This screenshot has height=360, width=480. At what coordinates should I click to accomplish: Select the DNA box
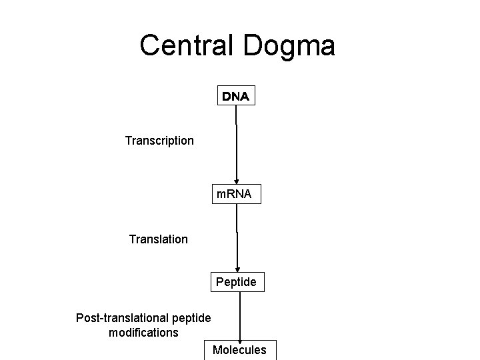click(235, 97)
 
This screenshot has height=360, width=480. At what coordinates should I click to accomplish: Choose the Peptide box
click(236, 282)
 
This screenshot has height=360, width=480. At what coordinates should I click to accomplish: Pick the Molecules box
click(239, 350)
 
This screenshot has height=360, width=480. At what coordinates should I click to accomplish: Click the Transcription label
click(159, 141)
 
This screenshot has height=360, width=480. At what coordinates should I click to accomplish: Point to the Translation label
click(159, 239)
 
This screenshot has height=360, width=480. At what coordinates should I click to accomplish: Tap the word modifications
click(143, 332)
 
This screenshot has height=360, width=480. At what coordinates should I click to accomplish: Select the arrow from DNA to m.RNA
click(236, 147)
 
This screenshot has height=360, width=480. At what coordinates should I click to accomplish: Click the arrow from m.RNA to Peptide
click(237, 240)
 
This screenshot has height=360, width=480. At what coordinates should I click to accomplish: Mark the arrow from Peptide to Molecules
click(240, 317)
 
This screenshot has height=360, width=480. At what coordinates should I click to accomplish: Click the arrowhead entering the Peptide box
click(237, 269)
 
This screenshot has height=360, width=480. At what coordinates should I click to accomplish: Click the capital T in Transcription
click(128, 141)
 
